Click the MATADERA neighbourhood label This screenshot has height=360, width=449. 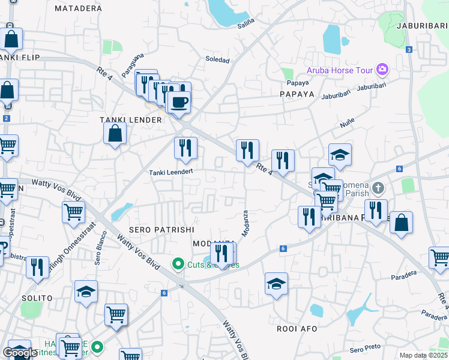click(78, 8)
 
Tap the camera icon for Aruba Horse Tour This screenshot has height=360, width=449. click(382, 70)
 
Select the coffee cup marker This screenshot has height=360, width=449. click(179, 102)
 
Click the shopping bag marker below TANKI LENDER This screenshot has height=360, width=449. click(115, 134)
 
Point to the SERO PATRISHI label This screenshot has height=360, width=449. click(153, 230)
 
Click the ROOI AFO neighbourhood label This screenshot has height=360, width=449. click(297, 328)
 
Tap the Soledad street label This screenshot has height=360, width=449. click(217, 60)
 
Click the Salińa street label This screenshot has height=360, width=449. click(246, 21)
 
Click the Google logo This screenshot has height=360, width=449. click(20, 353)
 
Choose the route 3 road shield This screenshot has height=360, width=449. click(409, 50)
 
